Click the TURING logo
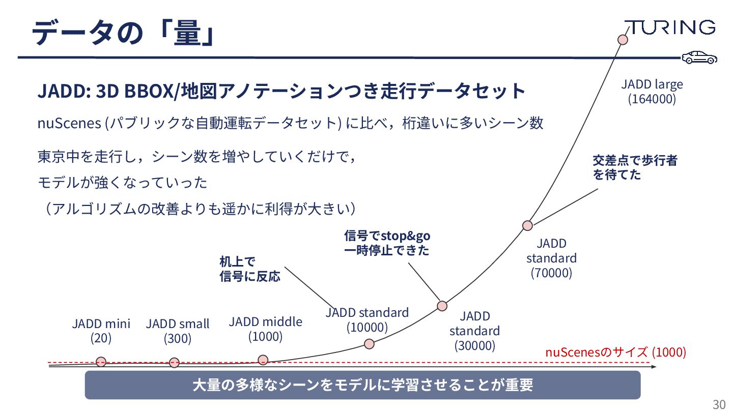coord(670,27)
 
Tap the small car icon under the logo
coord(699,57)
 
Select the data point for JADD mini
coord(101,362)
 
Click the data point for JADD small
coord(174,363)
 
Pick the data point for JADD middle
coord(263,360)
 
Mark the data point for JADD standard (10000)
coord(370,343)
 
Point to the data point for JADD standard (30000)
coord(442,306)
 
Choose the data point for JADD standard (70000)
coord(527,225)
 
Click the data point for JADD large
coord(622,40)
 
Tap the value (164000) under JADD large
coord(652,99)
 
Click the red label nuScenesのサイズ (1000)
coord(615,352)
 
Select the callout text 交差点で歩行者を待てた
coord(634,168)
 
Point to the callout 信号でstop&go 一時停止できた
coord(387,243)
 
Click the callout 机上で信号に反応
coord(249,270)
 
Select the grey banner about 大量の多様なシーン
coord(362,385)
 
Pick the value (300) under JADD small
coord(177,339)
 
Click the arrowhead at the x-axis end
coord(653,366)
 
